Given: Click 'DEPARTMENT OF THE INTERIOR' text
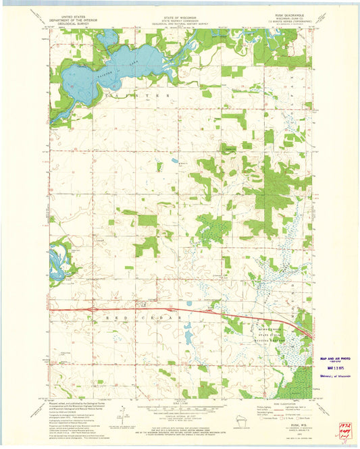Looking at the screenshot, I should pyautogui.click(x=79, y=21).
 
